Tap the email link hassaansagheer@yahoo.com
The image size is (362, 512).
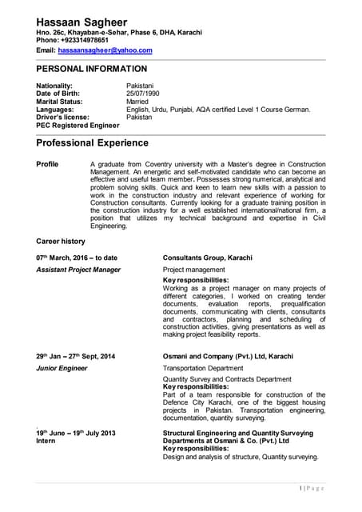[105, 50]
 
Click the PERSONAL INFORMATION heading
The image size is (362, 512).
[92, 69]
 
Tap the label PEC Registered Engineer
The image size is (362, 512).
[78, 125]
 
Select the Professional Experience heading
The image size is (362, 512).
[93, 143]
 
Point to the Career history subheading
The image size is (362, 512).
[61, 241]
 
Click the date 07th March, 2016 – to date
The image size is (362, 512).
[77, 258]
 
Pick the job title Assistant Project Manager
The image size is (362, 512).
[78, 270]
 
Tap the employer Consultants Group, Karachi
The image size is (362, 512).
[208, 258]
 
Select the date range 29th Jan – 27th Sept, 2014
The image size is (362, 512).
[76, 356]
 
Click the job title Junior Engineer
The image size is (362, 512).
[62, 368]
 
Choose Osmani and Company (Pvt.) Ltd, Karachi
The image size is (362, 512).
[228, 356]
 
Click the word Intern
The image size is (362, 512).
[47, 441]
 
